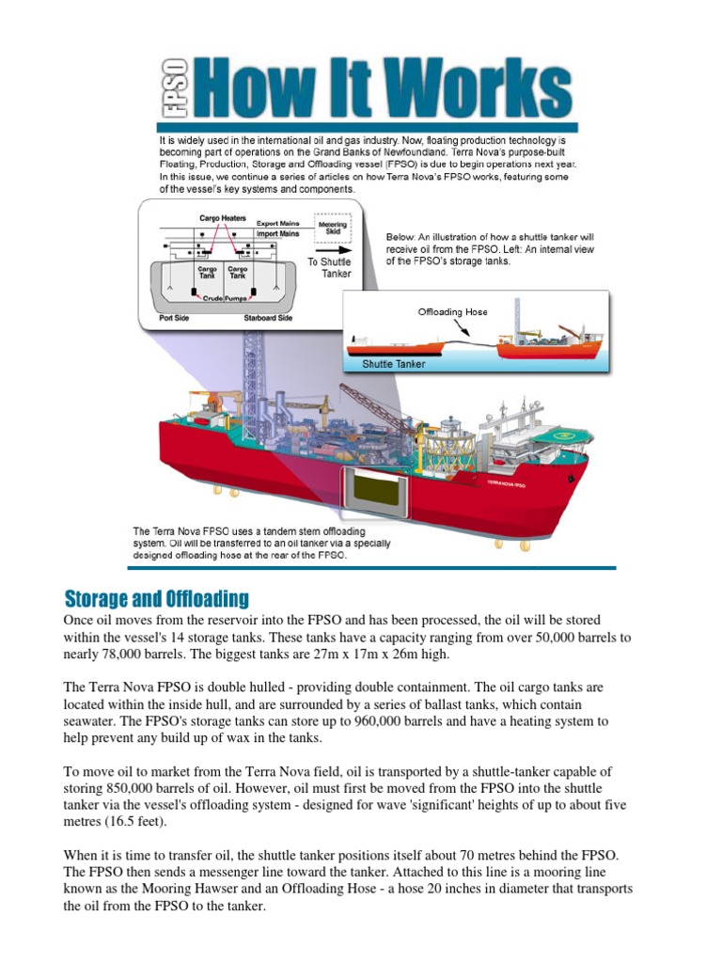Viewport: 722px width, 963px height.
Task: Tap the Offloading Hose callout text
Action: (x=453, y=311)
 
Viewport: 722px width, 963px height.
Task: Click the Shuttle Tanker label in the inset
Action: (x=394, y=364)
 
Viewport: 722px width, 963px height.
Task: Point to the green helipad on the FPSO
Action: (x=563, y=435)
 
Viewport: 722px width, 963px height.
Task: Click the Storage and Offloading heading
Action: (x=156, y=599)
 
